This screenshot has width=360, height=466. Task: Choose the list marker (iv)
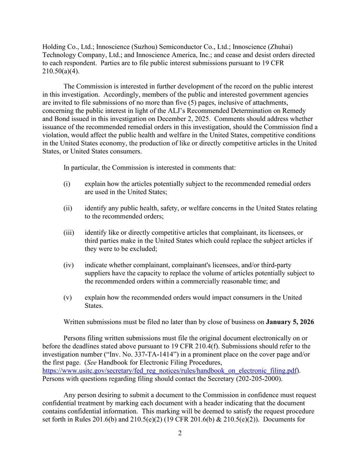(68, 265)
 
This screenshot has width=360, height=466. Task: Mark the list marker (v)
(67, 297)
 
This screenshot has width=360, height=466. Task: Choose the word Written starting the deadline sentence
(77, 322)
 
